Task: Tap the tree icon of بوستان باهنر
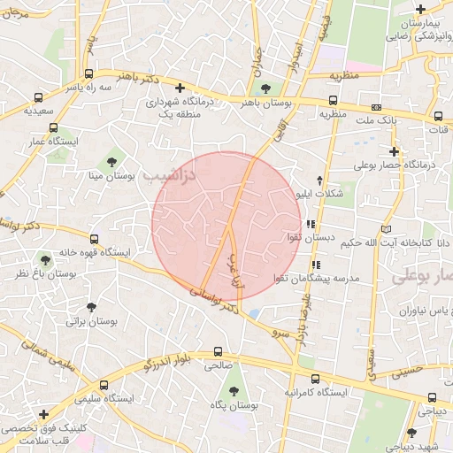[x=265, y=88]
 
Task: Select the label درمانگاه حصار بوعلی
[x=397, y=165]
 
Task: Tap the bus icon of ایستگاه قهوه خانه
[x=96, y=239]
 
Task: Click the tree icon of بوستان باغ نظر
[x=45, y=260]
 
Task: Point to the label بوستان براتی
[x=87, y=323]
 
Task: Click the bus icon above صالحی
[x=218, y=351]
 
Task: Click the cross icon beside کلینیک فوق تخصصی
[x=43, y=414]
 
